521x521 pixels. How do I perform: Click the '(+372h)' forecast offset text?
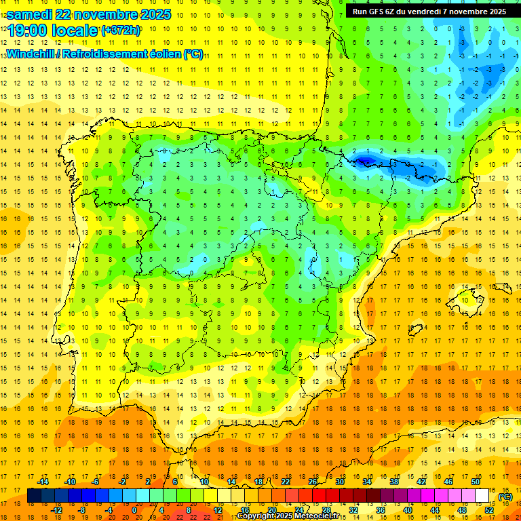coord(120,31)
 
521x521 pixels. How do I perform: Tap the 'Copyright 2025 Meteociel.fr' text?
coord(288,516)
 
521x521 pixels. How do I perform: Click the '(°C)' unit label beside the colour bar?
coord(505,496)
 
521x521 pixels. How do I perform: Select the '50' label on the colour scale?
coord(476,482)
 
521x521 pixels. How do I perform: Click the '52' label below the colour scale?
coord(489,510)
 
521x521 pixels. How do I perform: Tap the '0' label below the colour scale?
coord(134,510)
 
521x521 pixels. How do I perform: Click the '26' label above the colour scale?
coord(313,482)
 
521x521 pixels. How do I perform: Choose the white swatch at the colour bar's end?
coord(482,496)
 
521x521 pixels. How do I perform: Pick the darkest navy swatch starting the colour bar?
coord(34,496)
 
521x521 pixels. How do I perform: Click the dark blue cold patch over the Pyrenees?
coord(366,161)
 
